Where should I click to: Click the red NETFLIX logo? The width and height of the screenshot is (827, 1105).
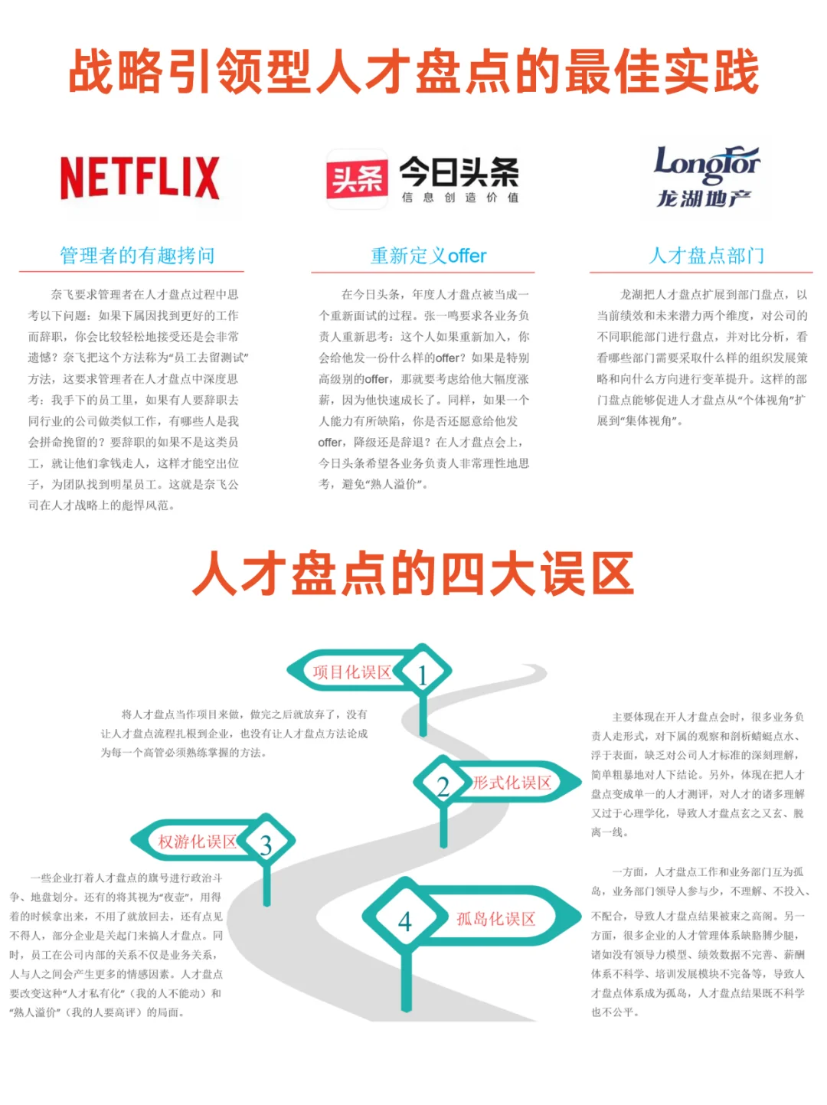(x=139, y=178)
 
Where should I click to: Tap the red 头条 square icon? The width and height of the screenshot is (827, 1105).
(x=356, y=178)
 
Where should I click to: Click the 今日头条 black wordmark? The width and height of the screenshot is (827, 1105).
(x=459, y=172)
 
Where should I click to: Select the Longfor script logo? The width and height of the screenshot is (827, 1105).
(x=706, y=164)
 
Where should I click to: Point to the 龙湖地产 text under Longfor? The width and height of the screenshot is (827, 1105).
(x=703, y=199)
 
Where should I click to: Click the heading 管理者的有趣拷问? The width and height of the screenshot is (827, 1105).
(x=137, y=255)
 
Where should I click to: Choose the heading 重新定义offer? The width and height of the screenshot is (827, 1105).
(x=428, y=255)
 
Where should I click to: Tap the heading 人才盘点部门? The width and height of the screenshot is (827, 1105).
(x=706, y=255)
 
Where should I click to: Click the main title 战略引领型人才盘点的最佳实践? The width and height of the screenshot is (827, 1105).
(x=413, y=72)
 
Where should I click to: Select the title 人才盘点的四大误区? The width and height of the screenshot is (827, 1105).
(x=413, y=574)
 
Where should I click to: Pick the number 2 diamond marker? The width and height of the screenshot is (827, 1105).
(x=443, y=786)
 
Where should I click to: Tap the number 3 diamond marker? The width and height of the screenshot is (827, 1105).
(x=266, y=845)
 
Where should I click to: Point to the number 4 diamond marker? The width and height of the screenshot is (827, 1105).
(x=404, y=920)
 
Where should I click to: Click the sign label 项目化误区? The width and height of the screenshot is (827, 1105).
(x=351, y=672)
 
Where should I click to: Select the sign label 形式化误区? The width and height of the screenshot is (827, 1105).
(x=512, y=783)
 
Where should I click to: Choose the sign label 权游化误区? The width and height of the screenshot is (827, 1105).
(x=197, y=842)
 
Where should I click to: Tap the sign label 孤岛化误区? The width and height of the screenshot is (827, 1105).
(x=495, y=919)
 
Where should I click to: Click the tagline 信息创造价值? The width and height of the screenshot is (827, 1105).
(x=459, y=198)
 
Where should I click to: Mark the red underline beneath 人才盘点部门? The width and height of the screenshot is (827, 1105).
(x=701, y=272)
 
